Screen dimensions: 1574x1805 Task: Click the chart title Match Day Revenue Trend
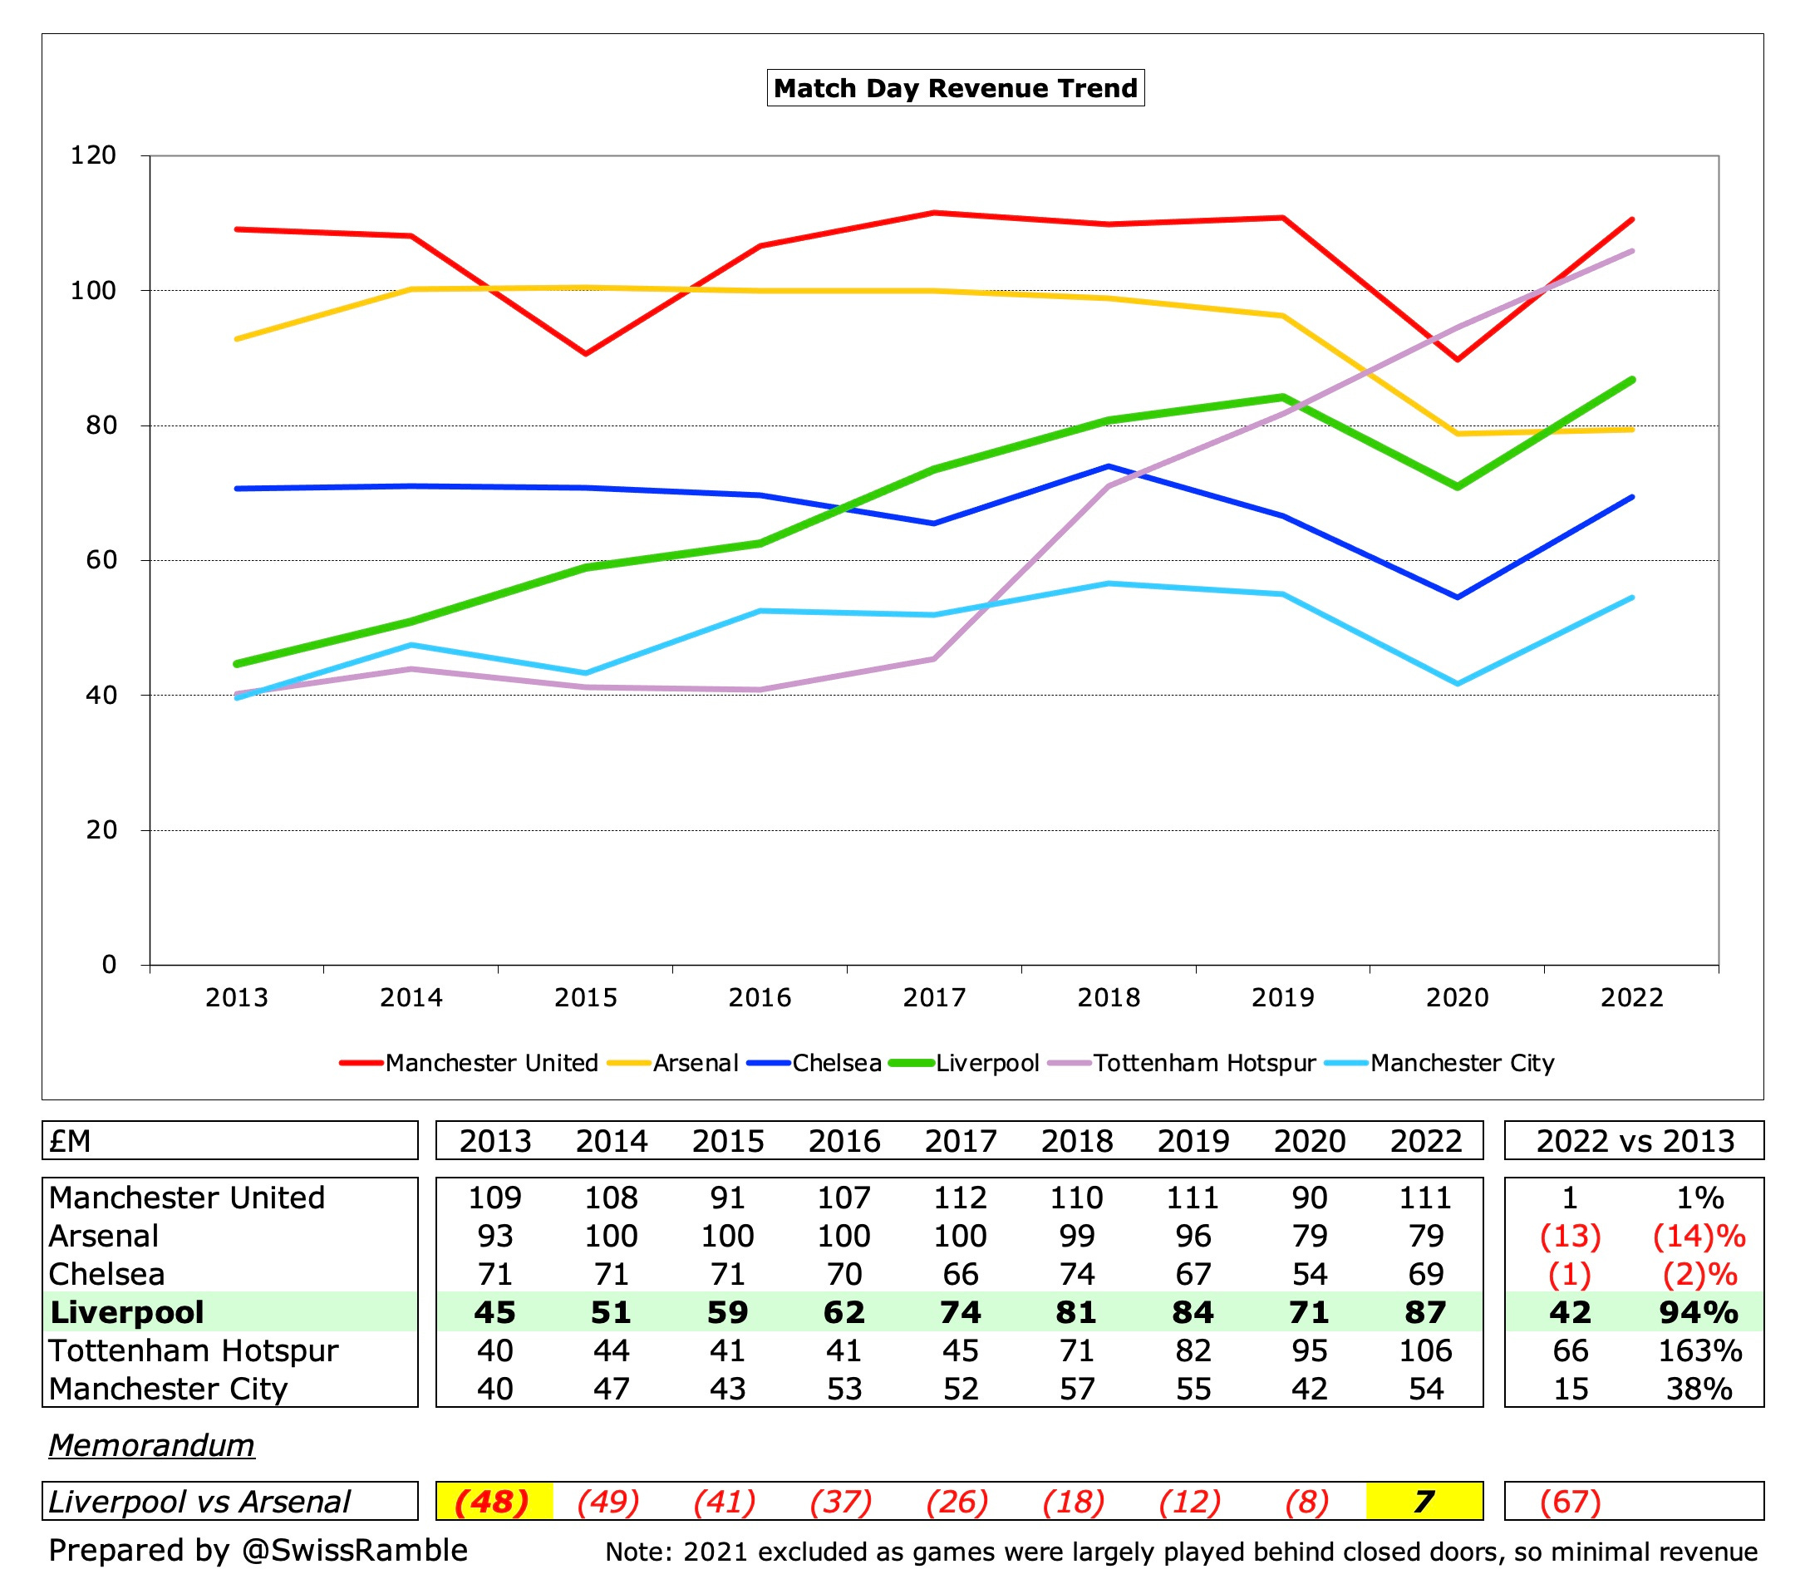pyautogui.click(x=955, y=88)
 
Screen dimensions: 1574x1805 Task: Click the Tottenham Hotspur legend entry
pyautogui.click(x=1203, y=1063)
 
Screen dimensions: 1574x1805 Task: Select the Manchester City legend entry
pyautogui.click(x=1461, y=1063)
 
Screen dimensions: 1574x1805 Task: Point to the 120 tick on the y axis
pyautogui.click(x=93, y=155)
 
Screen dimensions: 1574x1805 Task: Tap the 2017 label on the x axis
pyautogui.click(x=934, y=998)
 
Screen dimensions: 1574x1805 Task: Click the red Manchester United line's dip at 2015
pyautogui.click(x=586, y=353)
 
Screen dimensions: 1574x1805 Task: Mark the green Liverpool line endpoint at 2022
pyautogui.click(x=1631, y=380)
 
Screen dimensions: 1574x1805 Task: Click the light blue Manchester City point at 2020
pyautogui.click(x=1457, y=683)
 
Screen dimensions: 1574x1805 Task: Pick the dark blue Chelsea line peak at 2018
pyautogui.click(x=1109, y=466)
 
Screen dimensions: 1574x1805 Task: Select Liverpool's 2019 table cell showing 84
pyautogui.click(x=1193, y=1312)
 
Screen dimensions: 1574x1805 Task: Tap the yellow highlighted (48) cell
pyautogui.click(x=494, y=1502)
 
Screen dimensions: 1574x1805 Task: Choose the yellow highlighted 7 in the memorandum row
pyautogui.click(x=1424, y=1502)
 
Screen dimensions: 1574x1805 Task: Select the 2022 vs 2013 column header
pyautogui.click(x=1635, y=1141)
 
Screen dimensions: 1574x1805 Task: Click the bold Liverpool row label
pyautogui.click(x=127, y=1312)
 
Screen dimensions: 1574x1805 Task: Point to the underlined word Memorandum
pyautogui.click(x=151, y=1445)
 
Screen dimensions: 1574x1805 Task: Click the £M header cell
pyautogui.click(x=71, y=1141)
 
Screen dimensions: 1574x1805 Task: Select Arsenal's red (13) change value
pyautogui.click(x=1570, y=1236)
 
